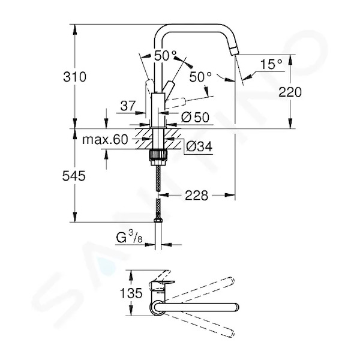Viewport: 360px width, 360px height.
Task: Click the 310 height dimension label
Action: point(74,77)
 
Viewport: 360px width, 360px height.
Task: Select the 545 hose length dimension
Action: point(74,176)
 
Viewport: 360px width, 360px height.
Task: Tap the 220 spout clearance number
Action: point(290,92)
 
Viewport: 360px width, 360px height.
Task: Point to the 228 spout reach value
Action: point(197,195)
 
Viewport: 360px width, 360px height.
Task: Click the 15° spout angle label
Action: point(271,64)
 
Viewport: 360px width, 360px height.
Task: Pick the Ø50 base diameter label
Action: point(196,117)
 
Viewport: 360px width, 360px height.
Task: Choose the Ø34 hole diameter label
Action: point(199,146)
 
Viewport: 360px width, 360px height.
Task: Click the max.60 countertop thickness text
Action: point(105,139)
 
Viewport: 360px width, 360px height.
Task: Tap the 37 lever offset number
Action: point(128,106)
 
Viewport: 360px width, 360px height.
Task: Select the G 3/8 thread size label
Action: point(129,238)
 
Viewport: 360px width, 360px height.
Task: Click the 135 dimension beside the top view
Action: point(131,293)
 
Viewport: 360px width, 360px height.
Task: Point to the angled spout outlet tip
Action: point(235,50)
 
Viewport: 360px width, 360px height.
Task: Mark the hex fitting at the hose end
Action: point(158,220)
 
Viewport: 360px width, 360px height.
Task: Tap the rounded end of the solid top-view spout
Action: point(236,307)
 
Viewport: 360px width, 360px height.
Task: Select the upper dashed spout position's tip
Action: point(232,281)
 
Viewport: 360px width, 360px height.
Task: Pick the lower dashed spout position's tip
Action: point(231,334)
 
